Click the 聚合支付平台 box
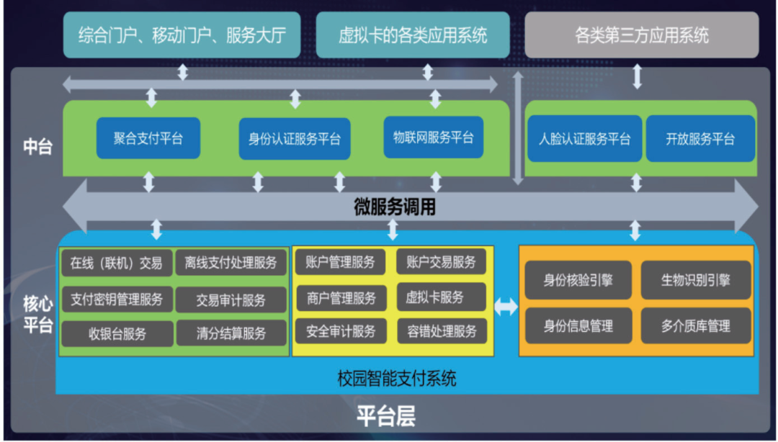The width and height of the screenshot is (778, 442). (148, 138)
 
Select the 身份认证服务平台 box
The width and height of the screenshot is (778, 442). (295, 139)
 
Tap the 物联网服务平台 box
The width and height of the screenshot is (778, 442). (434, 137)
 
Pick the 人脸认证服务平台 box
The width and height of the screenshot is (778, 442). (584, 139)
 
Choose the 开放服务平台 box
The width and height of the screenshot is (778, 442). (700, 139)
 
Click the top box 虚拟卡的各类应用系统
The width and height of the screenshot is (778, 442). (413, 35)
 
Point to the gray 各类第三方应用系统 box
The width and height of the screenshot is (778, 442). (641, 35)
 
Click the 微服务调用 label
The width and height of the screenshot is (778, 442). (395, 207)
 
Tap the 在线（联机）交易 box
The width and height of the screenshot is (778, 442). (116, 263)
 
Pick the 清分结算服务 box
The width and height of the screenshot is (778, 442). (231, 333)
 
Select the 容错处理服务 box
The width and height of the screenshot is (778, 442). (441, 331)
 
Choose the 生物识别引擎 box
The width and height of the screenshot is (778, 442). (696, 280)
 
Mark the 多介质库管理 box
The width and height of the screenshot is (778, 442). (696, 326)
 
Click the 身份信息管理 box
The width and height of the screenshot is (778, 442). (578, 326)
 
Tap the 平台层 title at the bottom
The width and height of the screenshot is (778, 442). (386, 417)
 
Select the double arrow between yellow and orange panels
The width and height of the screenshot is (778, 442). (506, 307)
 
